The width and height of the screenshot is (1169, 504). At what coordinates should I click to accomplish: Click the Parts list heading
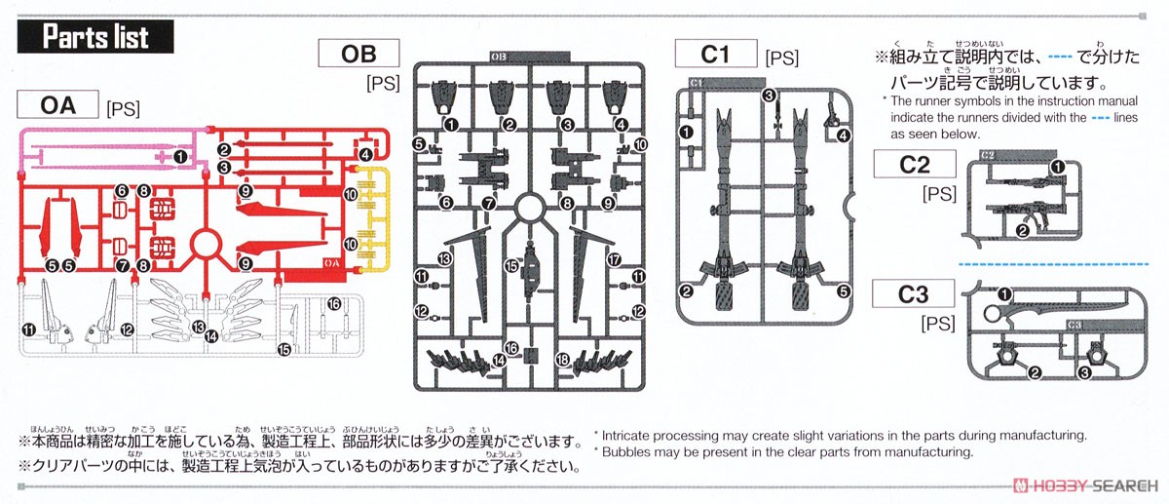click(x=95, y=38)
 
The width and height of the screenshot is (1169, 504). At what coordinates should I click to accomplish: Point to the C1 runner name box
click(x=715, y=55)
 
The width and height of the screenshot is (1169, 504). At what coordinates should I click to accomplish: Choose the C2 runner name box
click(x=915, y=165)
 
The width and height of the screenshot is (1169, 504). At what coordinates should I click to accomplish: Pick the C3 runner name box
click(x=915, y=293)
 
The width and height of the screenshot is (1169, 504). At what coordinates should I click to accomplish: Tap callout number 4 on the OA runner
click(x=365, y=155)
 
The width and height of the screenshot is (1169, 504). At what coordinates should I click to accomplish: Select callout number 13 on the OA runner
click(x=199, y=327)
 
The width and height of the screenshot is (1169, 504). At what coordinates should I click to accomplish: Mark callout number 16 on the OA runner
click(x=334, y=304)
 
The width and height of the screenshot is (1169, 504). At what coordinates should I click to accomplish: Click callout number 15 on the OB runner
click(x=510, y=265)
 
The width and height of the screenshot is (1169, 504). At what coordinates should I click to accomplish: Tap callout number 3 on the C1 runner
click(x=769, y=96)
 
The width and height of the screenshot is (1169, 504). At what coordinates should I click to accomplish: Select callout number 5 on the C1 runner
click(x=843, y=291)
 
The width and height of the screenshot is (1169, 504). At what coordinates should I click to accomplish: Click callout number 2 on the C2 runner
click(x=1022, y=230)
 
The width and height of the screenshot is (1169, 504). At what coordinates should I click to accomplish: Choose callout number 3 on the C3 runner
click(x=1084, y=372)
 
